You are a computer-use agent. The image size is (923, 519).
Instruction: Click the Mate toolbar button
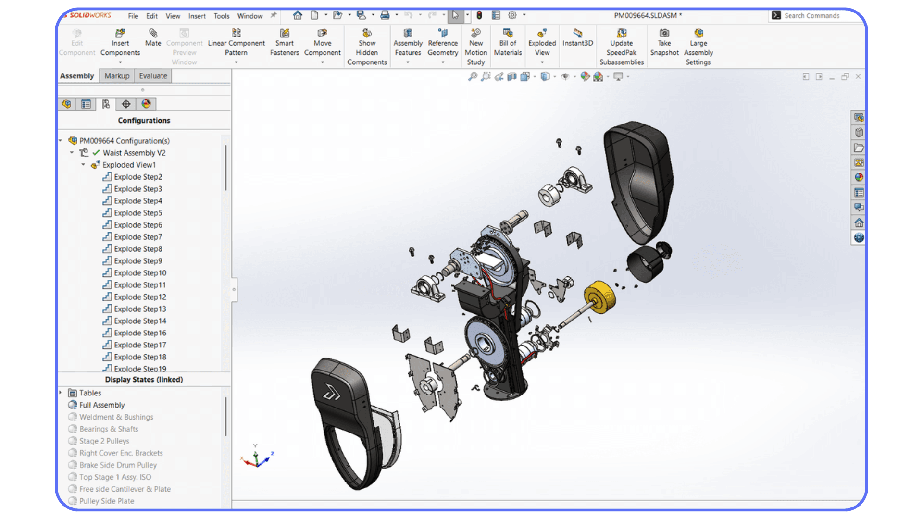click(x=153, y=37)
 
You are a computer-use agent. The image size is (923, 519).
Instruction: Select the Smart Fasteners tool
click(x=284, y=42)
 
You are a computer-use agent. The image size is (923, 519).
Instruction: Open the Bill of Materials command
click(x=508, y=42)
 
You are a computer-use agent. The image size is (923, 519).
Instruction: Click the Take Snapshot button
click(x=664, y=42)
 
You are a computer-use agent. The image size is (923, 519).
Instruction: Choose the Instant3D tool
click(x=577, y=37)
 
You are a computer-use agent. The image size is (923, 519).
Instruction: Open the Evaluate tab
click(x=153, y=76)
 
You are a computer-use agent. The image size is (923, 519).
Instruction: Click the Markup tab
click(x=117, y=76)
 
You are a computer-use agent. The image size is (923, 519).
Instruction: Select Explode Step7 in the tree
click(x=138, y=237)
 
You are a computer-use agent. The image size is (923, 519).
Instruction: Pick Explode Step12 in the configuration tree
click(x=140, y=297)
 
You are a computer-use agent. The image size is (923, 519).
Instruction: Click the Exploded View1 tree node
click(x=129, y=165)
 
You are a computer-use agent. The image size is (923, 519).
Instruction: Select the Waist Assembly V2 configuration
click(x=134, y=153)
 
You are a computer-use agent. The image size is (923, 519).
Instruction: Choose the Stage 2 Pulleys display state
click(x=104, y=441)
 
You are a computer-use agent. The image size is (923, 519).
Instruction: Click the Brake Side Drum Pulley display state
click(x=118, y=465)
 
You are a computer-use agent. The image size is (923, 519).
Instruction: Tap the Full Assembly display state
click(x=101, y=405)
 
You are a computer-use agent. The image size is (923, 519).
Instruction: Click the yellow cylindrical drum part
click(x=601, y=297)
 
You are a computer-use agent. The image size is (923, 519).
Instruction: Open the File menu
click(x=133, y=16)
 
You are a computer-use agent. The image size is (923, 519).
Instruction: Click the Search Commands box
click(x=817, y=16)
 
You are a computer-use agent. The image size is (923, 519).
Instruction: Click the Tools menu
click(x=222, y=16)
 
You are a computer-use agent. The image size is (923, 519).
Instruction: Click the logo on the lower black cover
click(x=331, y=393)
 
